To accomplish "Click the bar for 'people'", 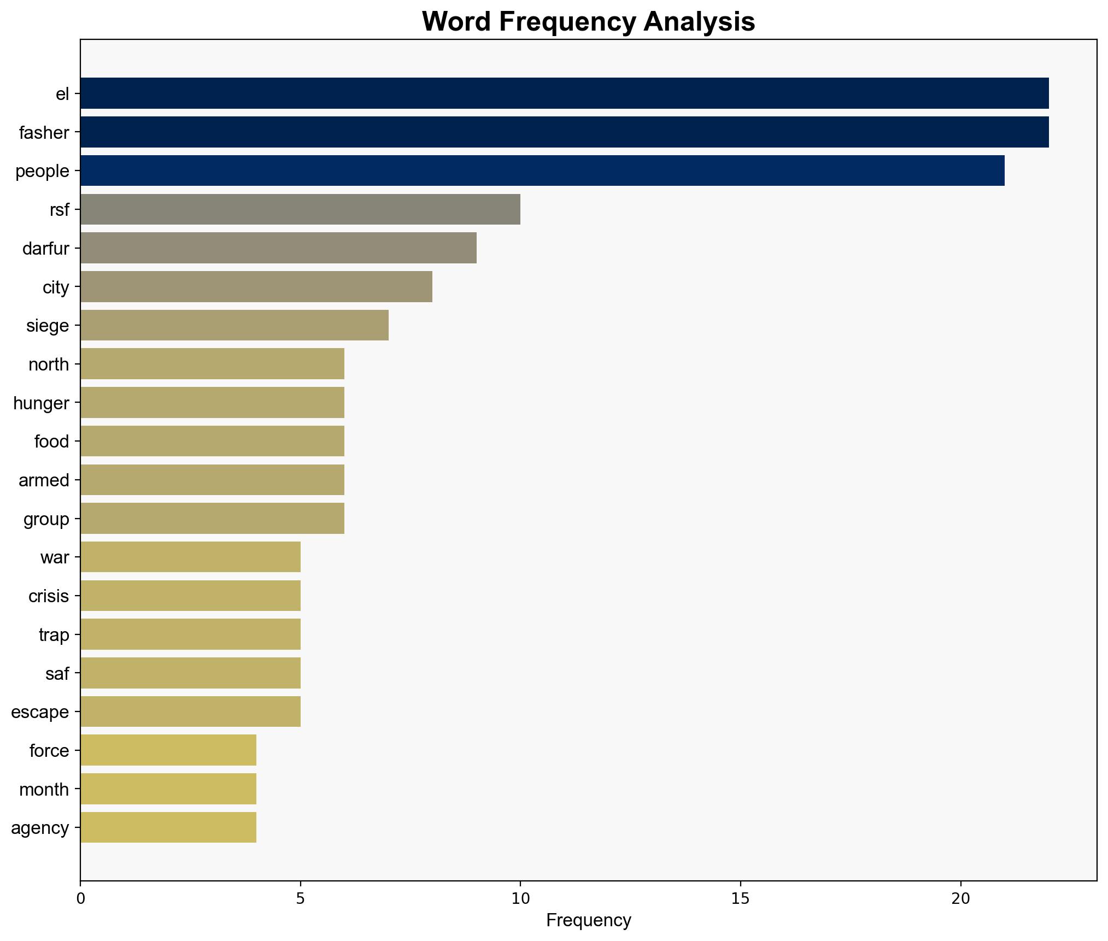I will (542, 170).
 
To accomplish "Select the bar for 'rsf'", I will (300, 209).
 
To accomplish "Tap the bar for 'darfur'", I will (278, 248).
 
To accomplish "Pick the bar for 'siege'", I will (234, 326).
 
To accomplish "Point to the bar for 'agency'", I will (168, 827).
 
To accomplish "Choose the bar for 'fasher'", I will (564, 132).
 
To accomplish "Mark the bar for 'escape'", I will (190, 711).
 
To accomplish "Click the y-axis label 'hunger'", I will (41, 403).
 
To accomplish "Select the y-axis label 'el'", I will (62, 94).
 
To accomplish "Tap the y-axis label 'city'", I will (56, 287).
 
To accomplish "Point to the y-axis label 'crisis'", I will (49, 596).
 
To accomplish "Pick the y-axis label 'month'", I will (44, 789).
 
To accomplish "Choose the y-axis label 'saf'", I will (57, 673).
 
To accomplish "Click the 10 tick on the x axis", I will (520, 898).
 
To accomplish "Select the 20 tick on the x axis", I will (960, 898).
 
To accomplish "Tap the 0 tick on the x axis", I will (81, 898).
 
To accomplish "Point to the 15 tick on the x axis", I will (740, 898).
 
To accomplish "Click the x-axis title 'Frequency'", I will (588, 921).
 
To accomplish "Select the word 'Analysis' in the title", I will (700, 22).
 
